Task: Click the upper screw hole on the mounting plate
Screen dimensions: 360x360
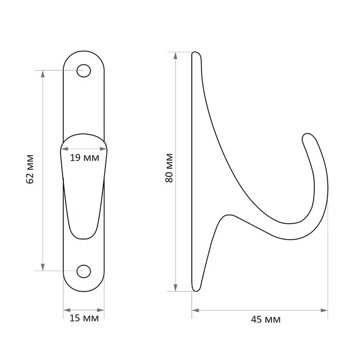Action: coord(83,71)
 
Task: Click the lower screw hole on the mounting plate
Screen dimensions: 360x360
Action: coord(83,272)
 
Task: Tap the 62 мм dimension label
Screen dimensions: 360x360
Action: coord(30,169)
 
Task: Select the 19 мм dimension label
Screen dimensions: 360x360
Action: coord(84,158)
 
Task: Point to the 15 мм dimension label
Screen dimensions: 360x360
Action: coord(84,318)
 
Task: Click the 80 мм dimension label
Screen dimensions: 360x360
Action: coord(169,168)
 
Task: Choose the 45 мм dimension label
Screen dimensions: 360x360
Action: coord(266,319)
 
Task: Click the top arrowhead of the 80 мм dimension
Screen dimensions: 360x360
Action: coord(175,56)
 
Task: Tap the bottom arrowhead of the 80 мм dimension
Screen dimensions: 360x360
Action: coord(175,287)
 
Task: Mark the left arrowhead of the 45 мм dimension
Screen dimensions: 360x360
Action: coord(195,311)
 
